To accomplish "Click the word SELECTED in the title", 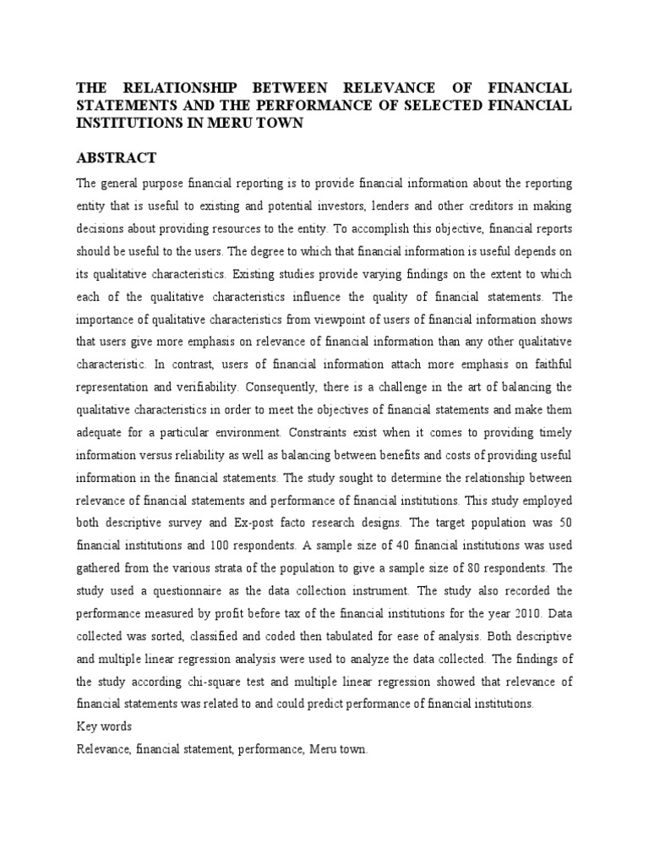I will coord(444,104).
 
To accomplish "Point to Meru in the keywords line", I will coord(321,749).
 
